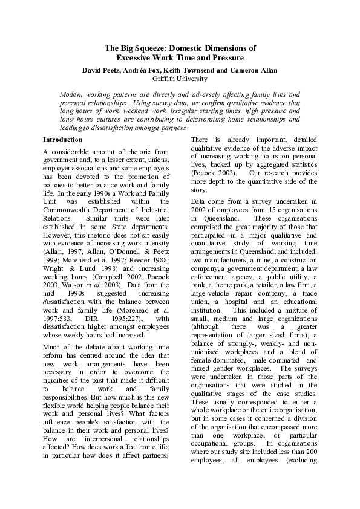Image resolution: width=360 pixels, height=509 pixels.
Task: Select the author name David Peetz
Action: [x=101, y=70]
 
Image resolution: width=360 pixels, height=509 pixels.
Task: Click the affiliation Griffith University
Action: [x=180, y=79]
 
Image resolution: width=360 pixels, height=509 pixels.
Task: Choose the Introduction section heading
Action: [x=64, y=140]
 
